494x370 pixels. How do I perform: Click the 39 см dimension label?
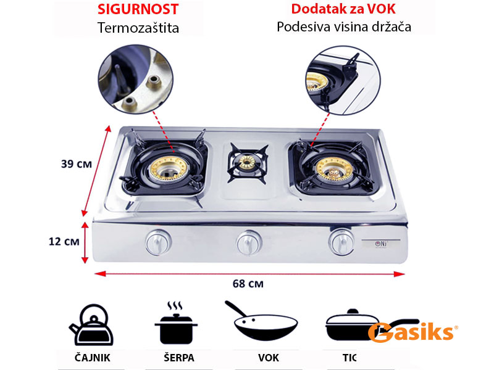click(x=77, y=164)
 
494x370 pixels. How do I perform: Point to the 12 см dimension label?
click(x=65, y=241)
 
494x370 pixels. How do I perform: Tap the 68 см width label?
click(x=248, y=284)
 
